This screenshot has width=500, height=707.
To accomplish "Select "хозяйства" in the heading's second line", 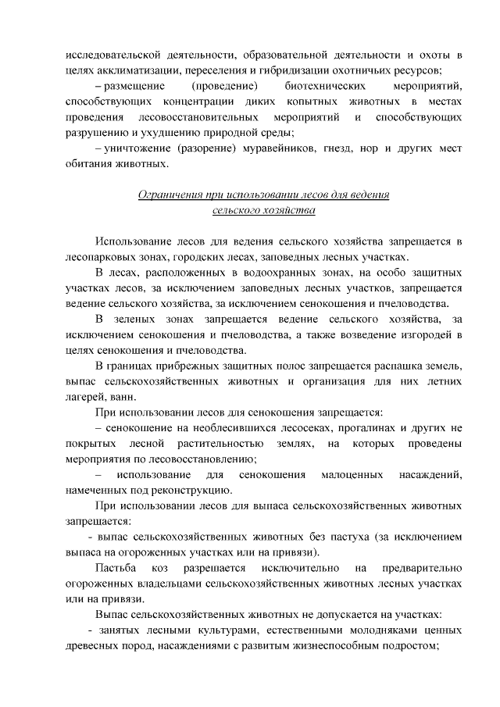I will [x=289, y=210].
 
